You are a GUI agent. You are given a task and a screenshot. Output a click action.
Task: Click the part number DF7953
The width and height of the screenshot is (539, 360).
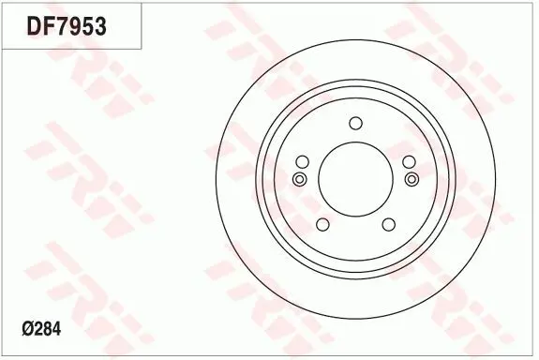[67, 26]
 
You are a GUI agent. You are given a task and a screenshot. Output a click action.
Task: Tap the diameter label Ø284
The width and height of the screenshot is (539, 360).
[41, 329]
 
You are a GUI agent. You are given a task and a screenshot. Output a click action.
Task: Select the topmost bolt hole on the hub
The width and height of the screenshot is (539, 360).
[355, 123]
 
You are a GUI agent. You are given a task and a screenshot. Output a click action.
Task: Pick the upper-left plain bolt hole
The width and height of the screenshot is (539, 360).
[303, 161]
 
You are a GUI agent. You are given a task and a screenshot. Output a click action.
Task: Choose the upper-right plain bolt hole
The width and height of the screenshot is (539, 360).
[409, 161]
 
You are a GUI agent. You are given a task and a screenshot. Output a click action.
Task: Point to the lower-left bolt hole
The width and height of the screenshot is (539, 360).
[322, 224]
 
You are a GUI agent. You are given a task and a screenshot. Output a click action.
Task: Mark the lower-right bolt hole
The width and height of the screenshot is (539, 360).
[388, 224]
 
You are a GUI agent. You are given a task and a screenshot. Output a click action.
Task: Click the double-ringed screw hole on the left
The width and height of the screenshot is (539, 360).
[299, 179]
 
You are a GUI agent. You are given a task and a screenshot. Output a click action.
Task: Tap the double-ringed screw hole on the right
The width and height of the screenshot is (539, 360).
[412, 179]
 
